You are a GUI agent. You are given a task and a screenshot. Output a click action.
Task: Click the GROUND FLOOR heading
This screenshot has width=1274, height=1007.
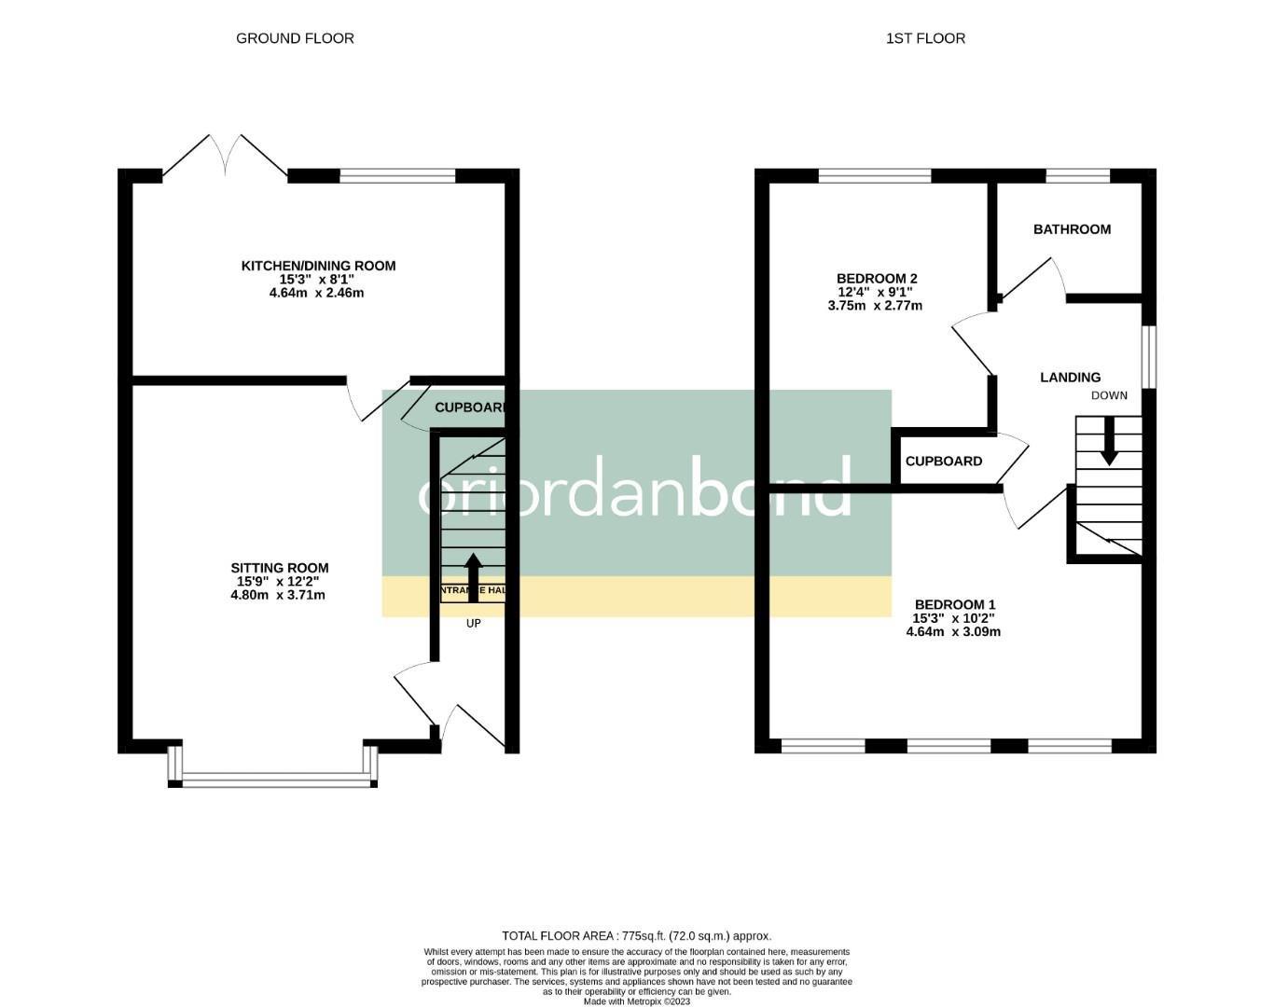coord(295,38)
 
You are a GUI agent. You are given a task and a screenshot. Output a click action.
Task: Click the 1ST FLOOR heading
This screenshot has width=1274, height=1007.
coord(925,38)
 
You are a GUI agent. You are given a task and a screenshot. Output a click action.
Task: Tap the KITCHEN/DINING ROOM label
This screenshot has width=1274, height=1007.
coord(318,266)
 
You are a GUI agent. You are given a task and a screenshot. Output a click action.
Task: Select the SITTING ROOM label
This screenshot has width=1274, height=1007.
coord(280,567)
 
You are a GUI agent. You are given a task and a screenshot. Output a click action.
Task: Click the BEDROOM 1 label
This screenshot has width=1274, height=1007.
coord(954,603)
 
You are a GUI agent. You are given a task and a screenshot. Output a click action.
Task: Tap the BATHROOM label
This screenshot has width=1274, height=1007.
coord(1072,229)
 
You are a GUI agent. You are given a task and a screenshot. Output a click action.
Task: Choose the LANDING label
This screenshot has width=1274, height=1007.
coord(1070,378)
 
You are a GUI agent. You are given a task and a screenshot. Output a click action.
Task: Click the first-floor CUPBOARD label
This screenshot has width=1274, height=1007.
coord(944,461)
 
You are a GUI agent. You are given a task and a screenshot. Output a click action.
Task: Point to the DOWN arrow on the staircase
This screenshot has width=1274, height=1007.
coord(1109,442)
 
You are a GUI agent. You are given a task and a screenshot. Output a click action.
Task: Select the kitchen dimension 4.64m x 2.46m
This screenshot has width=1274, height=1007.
coord(316,293)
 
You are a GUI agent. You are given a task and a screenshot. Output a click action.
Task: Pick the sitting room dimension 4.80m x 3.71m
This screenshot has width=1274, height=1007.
coord(278,595)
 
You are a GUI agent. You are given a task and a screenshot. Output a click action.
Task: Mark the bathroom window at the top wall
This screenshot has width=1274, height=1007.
coord(1077,175)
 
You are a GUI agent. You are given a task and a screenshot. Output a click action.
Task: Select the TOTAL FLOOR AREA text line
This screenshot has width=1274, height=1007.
coord(636,935)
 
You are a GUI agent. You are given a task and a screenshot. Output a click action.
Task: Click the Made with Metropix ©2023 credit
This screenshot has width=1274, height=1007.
coord(636,1001)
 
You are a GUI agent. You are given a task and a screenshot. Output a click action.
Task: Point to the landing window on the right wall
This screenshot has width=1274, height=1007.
coord(1149,355)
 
